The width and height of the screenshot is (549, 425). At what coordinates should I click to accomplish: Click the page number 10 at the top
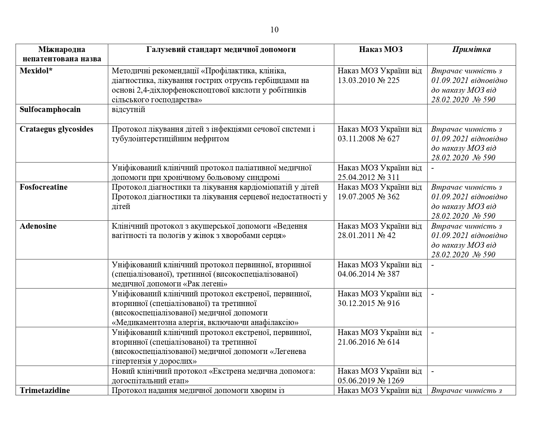point(274,30)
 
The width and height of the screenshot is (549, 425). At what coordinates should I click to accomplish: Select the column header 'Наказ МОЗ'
point(381,50)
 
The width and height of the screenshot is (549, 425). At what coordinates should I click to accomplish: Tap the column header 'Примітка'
point(471,50)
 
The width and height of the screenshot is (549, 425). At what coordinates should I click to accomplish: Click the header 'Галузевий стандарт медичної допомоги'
point(221,50)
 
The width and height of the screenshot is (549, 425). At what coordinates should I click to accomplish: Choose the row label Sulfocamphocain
point(50,109)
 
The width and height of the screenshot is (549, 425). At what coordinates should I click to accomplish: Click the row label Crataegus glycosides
point(57,129)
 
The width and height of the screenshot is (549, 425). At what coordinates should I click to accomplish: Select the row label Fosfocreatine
point(44,187)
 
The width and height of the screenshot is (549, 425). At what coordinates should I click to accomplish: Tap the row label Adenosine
point(38,226)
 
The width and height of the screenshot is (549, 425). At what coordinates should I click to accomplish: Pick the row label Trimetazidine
point(45,390)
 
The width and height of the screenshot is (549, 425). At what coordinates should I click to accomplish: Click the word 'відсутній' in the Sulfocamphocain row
point(128,109)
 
